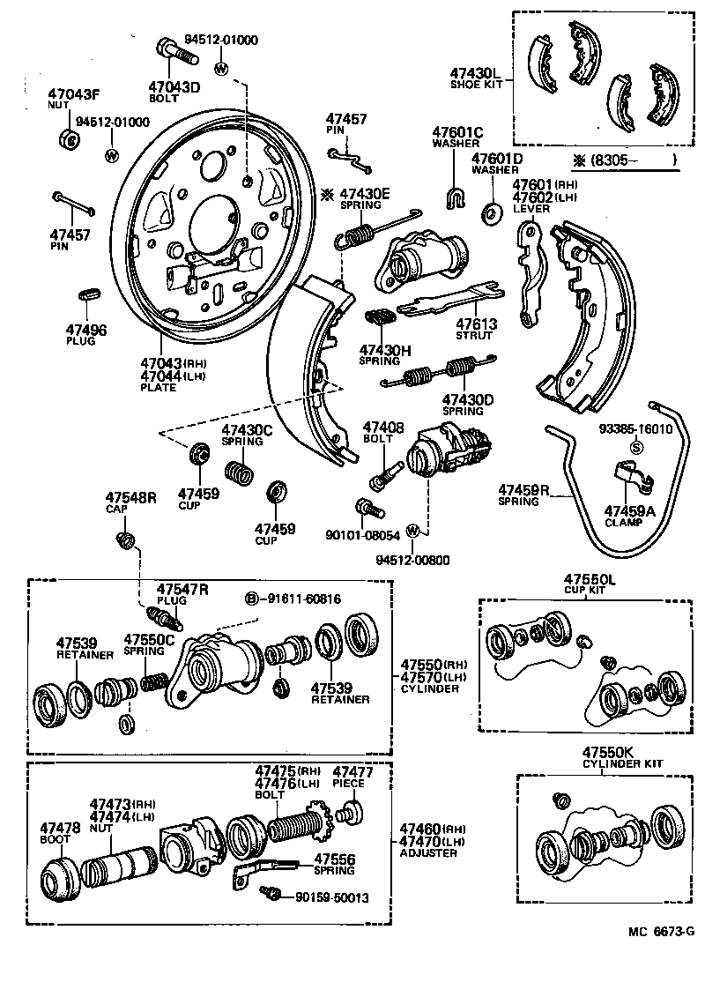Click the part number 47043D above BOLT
tap(174, 86)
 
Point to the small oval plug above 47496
tap(89, 294)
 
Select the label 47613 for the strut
tap(476, 324)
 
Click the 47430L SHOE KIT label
tap(474, 78)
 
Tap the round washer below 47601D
tap(491, 212)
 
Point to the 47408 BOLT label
tap(383, 432)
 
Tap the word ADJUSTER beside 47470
tap(427, 852)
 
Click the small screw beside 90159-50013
tap(271, 895)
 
